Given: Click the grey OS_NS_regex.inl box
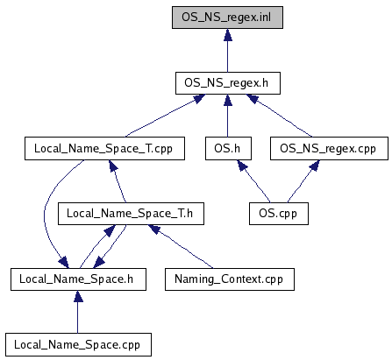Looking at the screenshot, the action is [227, 18].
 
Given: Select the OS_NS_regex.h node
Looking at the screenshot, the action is [228, 83].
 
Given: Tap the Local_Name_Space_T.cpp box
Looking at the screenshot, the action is [104, 149].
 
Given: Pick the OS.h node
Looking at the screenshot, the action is [228, 149].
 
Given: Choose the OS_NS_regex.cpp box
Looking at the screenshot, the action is [329, 149].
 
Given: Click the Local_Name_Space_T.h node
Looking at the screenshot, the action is [131, 214].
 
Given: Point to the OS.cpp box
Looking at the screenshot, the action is [279, 214].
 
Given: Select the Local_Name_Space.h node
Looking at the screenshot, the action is [78, 279].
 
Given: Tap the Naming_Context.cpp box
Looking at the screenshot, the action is [230, 279].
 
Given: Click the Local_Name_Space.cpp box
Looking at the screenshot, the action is [78, 345].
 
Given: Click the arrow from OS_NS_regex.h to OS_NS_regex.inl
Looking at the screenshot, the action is [228, 51].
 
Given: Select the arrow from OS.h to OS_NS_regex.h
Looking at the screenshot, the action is [228, 116].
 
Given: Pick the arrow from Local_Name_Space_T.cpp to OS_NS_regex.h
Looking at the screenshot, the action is [165, 116].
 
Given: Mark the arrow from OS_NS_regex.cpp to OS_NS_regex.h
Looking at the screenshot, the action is [279, 115].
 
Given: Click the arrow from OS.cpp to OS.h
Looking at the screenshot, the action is [255, 181].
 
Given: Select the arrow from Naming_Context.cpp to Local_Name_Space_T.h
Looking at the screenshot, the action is [182, 246].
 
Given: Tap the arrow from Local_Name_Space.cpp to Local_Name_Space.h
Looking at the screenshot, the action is [78, 312].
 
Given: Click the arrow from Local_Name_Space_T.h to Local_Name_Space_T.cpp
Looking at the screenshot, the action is [118, 181].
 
